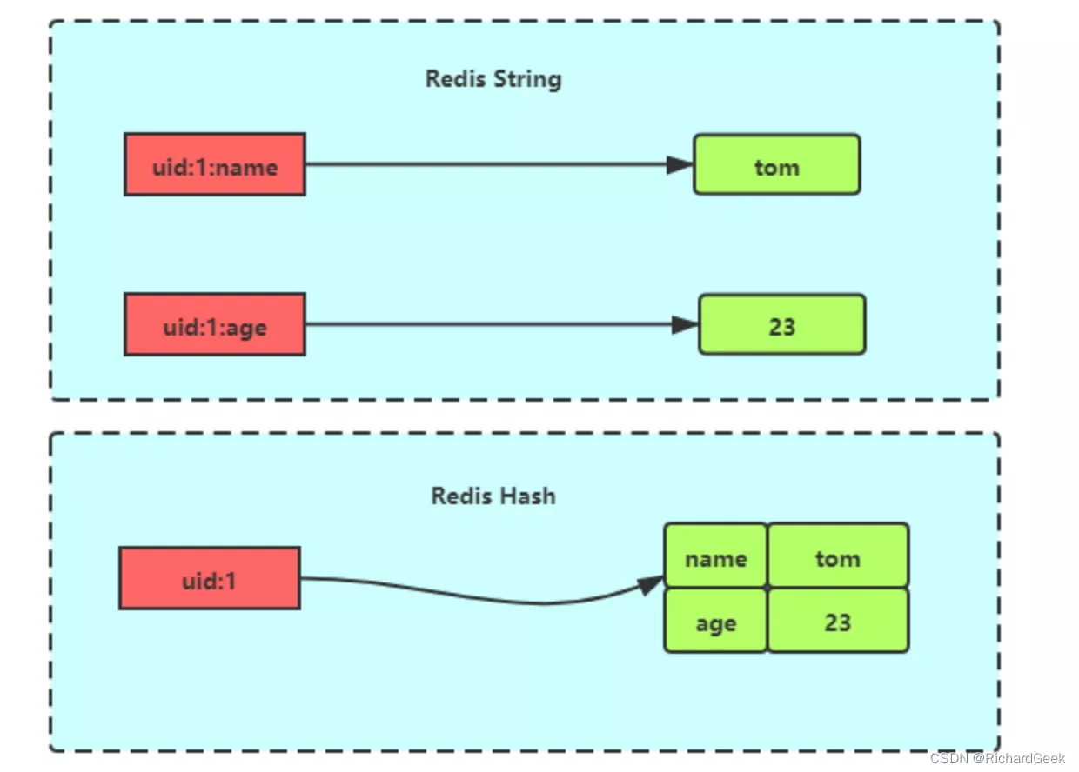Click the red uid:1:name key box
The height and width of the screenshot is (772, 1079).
pos(215,164)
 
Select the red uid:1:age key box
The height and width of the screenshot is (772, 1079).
pos(215,324)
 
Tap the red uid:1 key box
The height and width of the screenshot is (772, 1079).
pos(210,578)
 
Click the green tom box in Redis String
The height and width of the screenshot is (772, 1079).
pos(777,164)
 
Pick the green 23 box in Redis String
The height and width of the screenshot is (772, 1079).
pos(782,324)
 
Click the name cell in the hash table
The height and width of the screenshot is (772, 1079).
pos(716,556)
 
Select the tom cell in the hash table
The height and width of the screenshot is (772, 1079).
pos(838,556)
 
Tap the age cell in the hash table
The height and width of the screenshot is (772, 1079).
pos(716,621)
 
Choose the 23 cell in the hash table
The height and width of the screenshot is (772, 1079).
pos(838,621)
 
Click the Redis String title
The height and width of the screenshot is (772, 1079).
pos(493,79)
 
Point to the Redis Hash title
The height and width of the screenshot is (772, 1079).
pos(493,496)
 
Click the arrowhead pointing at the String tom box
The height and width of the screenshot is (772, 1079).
pos(680,164)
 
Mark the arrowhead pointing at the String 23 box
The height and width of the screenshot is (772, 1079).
pos(685,324)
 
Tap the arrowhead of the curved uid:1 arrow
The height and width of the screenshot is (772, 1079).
pos(650,584)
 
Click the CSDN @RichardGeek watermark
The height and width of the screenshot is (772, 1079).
pos(997,758)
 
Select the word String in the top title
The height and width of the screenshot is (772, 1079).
pos(528,79)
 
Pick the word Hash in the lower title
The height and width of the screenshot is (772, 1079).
pos(528,496)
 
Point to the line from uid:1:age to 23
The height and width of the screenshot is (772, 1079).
pos(501,324)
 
